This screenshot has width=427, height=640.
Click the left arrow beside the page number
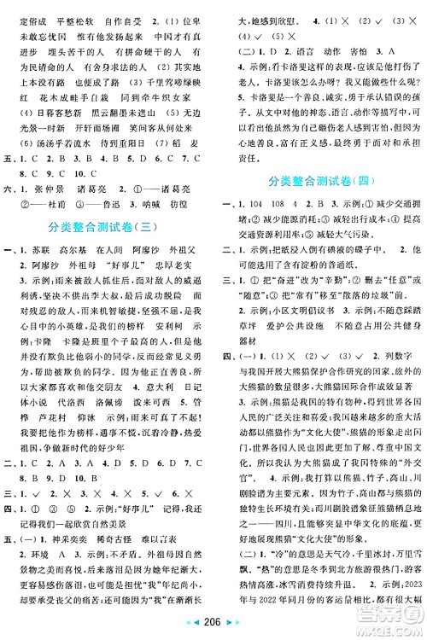click(x=195, y=627)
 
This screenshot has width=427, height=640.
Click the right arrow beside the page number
click(x=232, y=627)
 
